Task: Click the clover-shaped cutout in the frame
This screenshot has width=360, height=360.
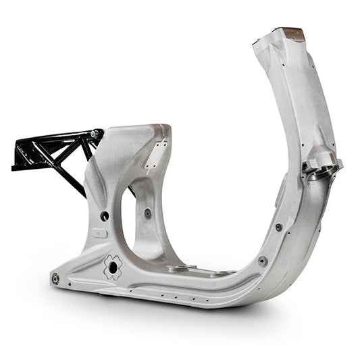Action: [112, 267]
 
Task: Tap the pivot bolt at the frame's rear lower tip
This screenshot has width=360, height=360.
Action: [55, 278]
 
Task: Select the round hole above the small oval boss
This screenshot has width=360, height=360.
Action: [105, 216]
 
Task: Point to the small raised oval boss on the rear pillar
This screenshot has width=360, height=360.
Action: [100, 234]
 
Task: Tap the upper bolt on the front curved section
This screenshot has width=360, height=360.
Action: [278, 227]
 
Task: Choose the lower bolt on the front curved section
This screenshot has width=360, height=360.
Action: [263, 261]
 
